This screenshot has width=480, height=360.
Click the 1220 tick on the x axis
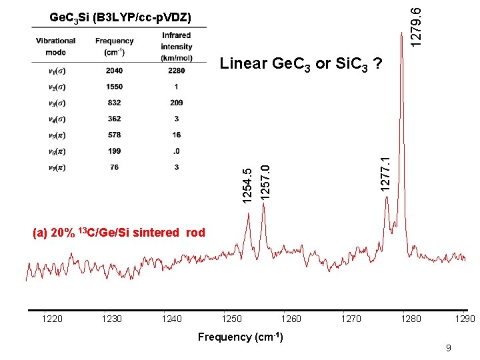click(x=52, y=319)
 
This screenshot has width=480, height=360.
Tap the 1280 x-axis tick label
click(x=411, y=319)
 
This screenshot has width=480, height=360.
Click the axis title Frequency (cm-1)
click(x=240, y=337)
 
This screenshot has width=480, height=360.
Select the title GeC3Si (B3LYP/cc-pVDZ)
click(x=120, y=16)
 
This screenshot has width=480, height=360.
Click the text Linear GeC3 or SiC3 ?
click(x=301, y=64)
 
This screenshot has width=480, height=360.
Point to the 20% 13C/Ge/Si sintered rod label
click(x=119, y=233)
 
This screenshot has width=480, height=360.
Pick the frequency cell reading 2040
click(x=115, y=71)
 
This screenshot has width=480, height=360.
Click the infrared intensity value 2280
click(x=177, y=71)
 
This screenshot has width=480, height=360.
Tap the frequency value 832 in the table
click(x=115, y=103)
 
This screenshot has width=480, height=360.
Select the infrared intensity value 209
click(x=177, y=103)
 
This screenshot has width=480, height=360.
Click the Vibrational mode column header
click(x=56, y=46)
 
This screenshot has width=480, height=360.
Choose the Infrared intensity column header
click(x=177, y=47)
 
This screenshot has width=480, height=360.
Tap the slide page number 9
click(x=449, y=347)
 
